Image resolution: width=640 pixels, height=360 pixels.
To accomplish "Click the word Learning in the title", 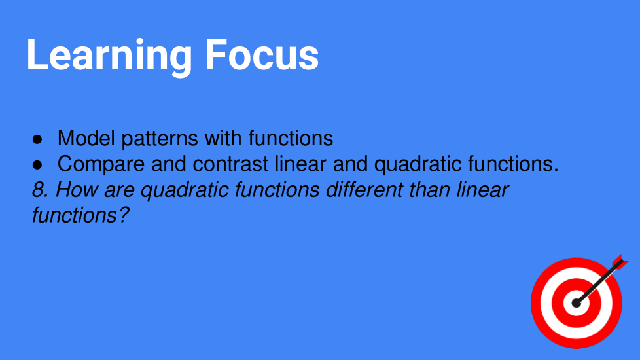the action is pos(109,56).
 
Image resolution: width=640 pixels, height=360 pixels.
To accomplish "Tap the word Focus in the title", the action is pos(262,55).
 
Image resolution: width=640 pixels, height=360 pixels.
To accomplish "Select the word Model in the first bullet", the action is pos(86,138).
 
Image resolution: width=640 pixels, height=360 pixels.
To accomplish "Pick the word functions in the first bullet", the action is pos(291,138).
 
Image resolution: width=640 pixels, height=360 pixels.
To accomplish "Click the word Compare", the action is pos(101,164).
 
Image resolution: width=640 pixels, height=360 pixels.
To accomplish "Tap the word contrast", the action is pos(230,164).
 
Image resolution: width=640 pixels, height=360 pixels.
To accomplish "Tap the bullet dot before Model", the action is pos(37,139).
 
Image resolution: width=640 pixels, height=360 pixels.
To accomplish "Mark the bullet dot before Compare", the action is pos(37,165).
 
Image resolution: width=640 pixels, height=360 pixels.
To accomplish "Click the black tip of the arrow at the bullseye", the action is pos(576,303).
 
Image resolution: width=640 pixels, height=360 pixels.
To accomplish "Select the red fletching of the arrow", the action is pos(620,262).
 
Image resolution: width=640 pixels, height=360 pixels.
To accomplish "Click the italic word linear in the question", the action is pos(482,190).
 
